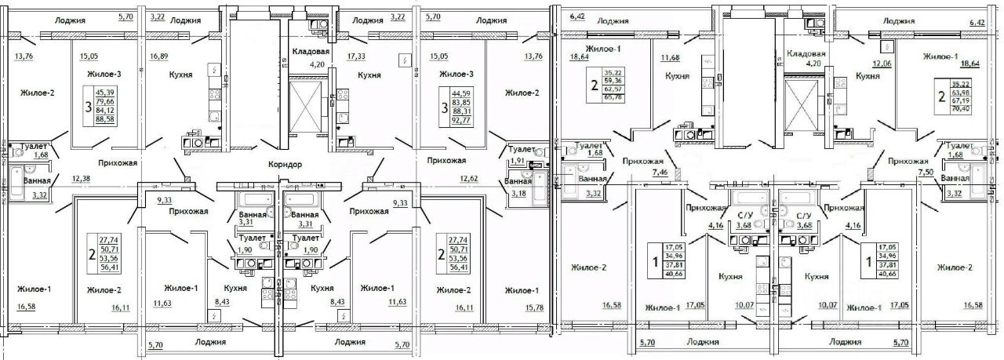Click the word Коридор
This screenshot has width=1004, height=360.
(284, 165)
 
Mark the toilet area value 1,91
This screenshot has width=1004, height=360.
(518, 161)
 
